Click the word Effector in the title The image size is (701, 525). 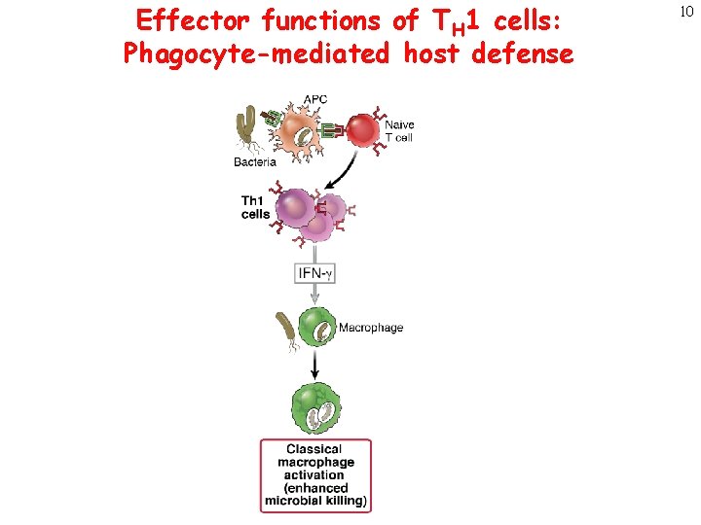tap(193, 19)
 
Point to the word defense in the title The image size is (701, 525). tap(522, 53)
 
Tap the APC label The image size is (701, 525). tap(315, 99)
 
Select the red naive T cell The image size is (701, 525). tap(363, 132)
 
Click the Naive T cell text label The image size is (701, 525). tap(399, 131)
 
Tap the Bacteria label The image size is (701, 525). tap(255, 162)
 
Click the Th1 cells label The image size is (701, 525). tap(255, 207)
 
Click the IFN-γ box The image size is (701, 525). tap(314, 274)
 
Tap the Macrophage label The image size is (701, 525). tap(371, 329)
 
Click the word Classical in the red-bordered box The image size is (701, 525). tap(314, 449)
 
